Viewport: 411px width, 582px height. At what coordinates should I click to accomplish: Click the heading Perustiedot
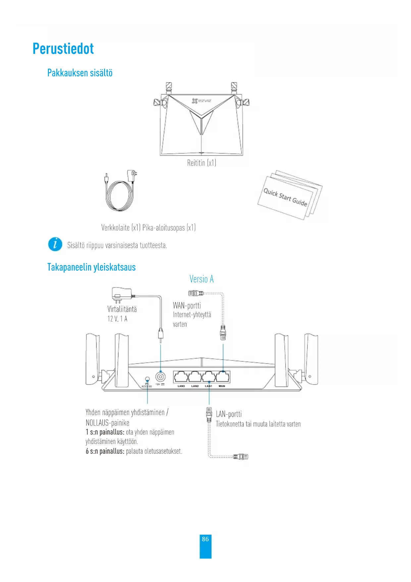[63, 49]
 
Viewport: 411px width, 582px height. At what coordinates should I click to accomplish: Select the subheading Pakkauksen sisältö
[80, 73]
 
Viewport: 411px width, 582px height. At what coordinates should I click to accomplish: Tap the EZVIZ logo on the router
[201, 101]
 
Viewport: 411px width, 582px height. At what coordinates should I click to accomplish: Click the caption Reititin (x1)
[201, 163]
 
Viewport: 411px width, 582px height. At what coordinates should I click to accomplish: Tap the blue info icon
[55, 245]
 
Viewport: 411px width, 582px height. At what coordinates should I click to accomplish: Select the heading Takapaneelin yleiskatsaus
[91, 267]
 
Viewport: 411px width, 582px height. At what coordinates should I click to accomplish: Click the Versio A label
[201, 279]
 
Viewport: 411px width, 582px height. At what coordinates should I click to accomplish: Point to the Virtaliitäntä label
[122, 309]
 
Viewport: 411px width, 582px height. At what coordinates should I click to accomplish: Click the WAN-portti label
[187, 306]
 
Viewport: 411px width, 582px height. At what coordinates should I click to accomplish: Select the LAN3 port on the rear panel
[181, 377]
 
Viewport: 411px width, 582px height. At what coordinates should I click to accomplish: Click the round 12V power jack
[161, 377]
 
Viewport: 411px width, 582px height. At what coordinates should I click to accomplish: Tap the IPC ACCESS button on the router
[147, 379]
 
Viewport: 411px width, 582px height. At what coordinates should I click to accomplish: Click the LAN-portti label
[229, 414]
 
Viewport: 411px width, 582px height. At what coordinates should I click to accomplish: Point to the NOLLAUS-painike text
[107, 423]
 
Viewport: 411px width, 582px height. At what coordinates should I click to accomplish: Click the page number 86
[205, 539]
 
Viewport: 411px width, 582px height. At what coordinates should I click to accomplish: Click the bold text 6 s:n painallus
[105, 451]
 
